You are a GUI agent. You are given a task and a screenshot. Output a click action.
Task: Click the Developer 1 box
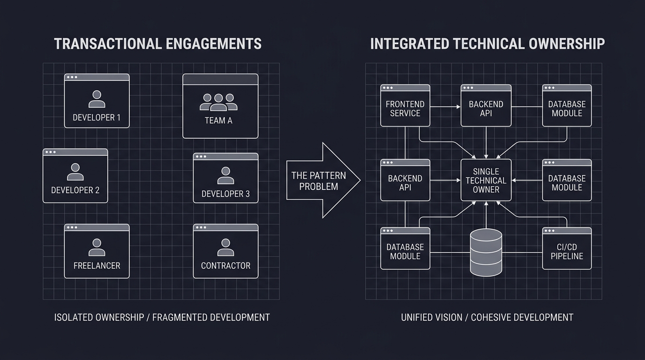click(97, 101)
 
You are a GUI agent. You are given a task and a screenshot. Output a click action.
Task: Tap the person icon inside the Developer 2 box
click(75, 172)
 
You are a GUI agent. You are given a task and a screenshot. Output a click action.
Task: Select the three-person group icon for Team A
click(218, 102)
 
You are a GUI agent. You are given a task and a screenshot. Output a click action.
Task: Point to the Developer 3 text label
click(225, 194)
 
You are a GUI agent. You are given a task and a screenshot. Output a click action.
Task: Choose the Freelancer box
click(97, 251)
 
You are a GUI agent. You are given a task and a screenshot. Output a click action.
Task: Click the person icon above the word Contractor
click(225, 247)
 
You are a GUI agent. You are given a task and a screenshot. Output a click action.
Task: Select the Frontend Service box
click(405, 106)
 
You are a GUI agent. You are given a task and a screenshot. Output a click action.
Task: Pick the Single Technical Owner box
click(486, 180)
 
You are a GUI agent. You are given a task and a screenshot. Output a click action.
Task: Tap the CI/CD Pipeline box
click(567, 248)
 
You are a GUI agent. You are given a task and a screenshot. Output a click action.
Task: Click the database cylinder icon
click(486, 253)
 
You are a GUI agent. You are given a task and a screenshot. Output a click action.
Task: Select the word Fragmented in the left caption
click(179, 317)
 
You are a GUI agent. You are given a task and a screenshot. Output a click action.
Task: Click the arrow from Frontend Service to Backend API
click(445, 107)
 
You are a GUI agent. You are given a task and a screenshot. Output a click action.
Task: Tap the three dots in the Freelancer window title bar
click(72, 227)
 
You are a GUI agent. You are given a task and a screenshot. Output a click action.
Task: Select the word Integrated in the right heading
click(408, 44)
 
